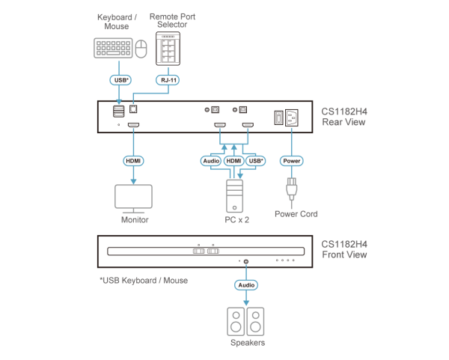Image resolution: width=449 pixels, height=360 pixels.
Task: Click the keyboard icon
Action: tap(114, 48)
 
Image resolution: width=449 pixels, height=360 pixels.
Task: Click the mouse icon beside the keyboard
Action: tap(141, 49)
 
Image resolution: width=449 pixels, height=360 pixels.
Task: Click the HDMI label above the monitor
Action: tap(133, 160)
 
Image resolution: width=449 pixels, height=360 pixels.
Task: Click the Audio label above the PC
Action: tap(211, 160)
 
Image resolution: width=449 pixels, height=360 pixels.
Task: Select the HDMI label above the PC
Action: tap(234, 160)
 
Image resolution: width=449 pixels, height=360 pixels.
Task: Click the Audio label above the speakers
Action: tap(246, 285)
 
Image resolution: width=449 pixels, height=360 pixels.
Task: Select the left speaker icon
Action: tap(236, 322)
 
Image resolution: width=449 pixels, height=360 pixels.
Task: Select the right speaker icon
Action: tap(256, 322)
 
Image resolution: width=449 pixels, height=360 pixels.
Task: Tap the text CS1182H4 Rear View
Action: tap(344, 116)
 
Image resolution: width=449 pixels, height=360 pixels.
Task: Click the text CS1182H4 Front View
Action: tap(344, 248)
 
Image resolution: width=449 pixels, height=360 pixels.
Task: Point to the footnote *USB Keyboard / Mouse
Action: tap(143, 280)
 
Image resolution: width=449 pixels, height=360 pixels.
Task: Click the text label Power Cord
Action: tap(296, 213)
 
